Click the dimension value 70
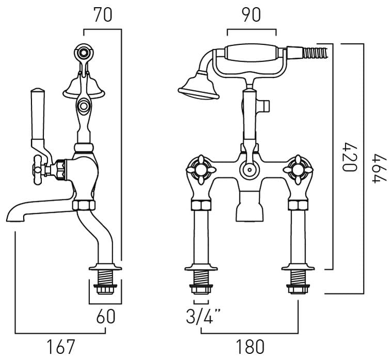[103, 15]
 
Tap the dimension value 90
[251, 15]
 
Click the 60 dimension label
[105, 316]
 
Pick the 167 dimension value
[61, 346]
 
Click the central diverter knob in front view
[248, 169]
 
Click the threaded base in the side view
[106, 283]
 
